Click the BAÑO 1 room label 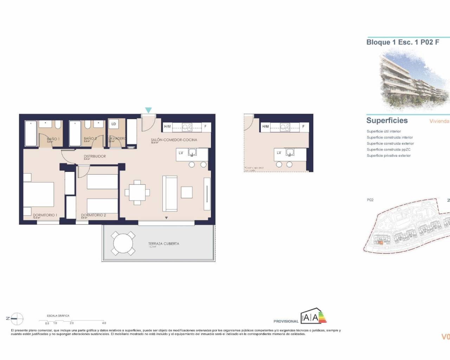(x=53, y=139)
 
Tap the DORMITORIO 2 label (x=94, y=215)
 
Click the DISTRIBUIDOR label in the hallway (x=95, y=156)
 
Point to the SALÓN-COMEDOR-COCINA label (x=174, y=140)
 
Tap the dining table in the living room (x=137, y=192)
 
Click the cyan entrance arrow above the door (x=148, y=110)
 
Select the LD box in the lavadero (x=114, y=124)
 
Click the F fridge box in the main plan (x=205, y=127)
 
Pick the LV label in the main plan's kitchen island (x=181, y=153)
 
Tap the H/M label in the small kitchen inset (x=265, y=127)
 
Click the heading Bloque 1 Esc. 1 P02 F (x=403, y=42)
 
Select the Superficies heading (x=387, y=121)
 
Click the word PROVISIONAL (x=286, y=321)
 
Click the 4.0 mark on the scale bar (x=104, y=323)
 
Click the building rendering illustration (x=413, y=79)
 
